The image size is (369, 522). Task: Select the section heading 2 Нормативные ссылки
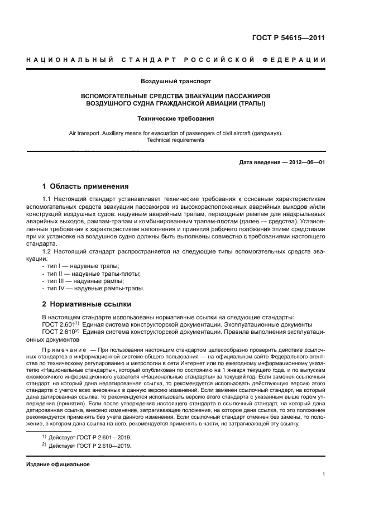click(87, 304)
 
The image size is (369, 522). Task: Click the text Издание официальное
click(58, 465)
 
